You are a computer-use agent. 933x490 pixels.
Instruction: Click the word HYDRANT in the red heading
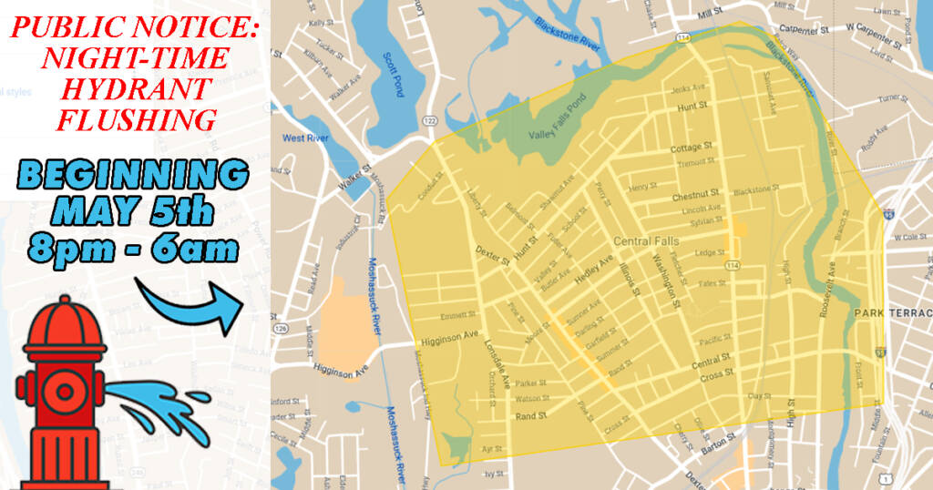pyautogui.click(x=136, y=89)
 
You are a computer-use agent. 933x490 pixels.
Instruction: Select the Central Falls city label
pyautogui.click(x=645, y=241)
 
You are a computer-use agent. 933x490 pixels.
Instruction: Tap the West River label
pyautogui.click(x=305, y=138)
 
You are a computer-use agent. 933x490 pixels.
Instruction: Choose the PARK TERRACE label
pyautogui.click(x=893, y=313)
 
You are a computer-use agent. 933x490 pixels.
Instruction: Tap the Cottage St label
pyautogui.click(x=692, y=148)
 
